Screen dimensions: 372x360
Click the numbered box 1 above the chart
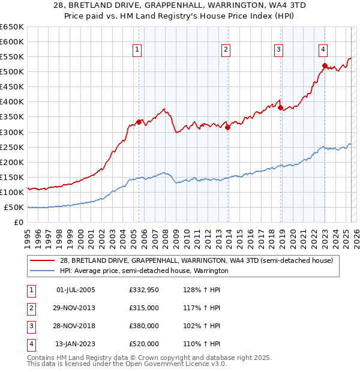(x=138, y=50)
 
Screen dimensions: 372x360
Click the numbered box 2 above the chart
(x=226, y=50)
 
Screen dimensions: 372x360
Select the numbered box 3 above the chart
(x=279, y=50)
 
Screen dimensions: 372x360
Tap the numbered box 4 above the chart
(x=323, y=50)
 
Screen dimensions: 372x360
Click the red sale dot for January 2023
(x=325, y=65)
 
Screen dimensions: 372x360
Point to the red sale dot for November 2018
(x=281, y=108)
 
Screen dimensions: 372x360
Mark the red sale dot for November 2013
(x=228, y=127)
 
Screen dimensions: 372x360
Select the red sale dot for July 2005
(x=139, y=122)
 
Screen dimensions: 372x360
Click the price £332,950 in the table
(x=143, y=290)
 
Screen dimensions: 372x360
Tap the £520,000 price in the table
(x=143, y=344)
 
